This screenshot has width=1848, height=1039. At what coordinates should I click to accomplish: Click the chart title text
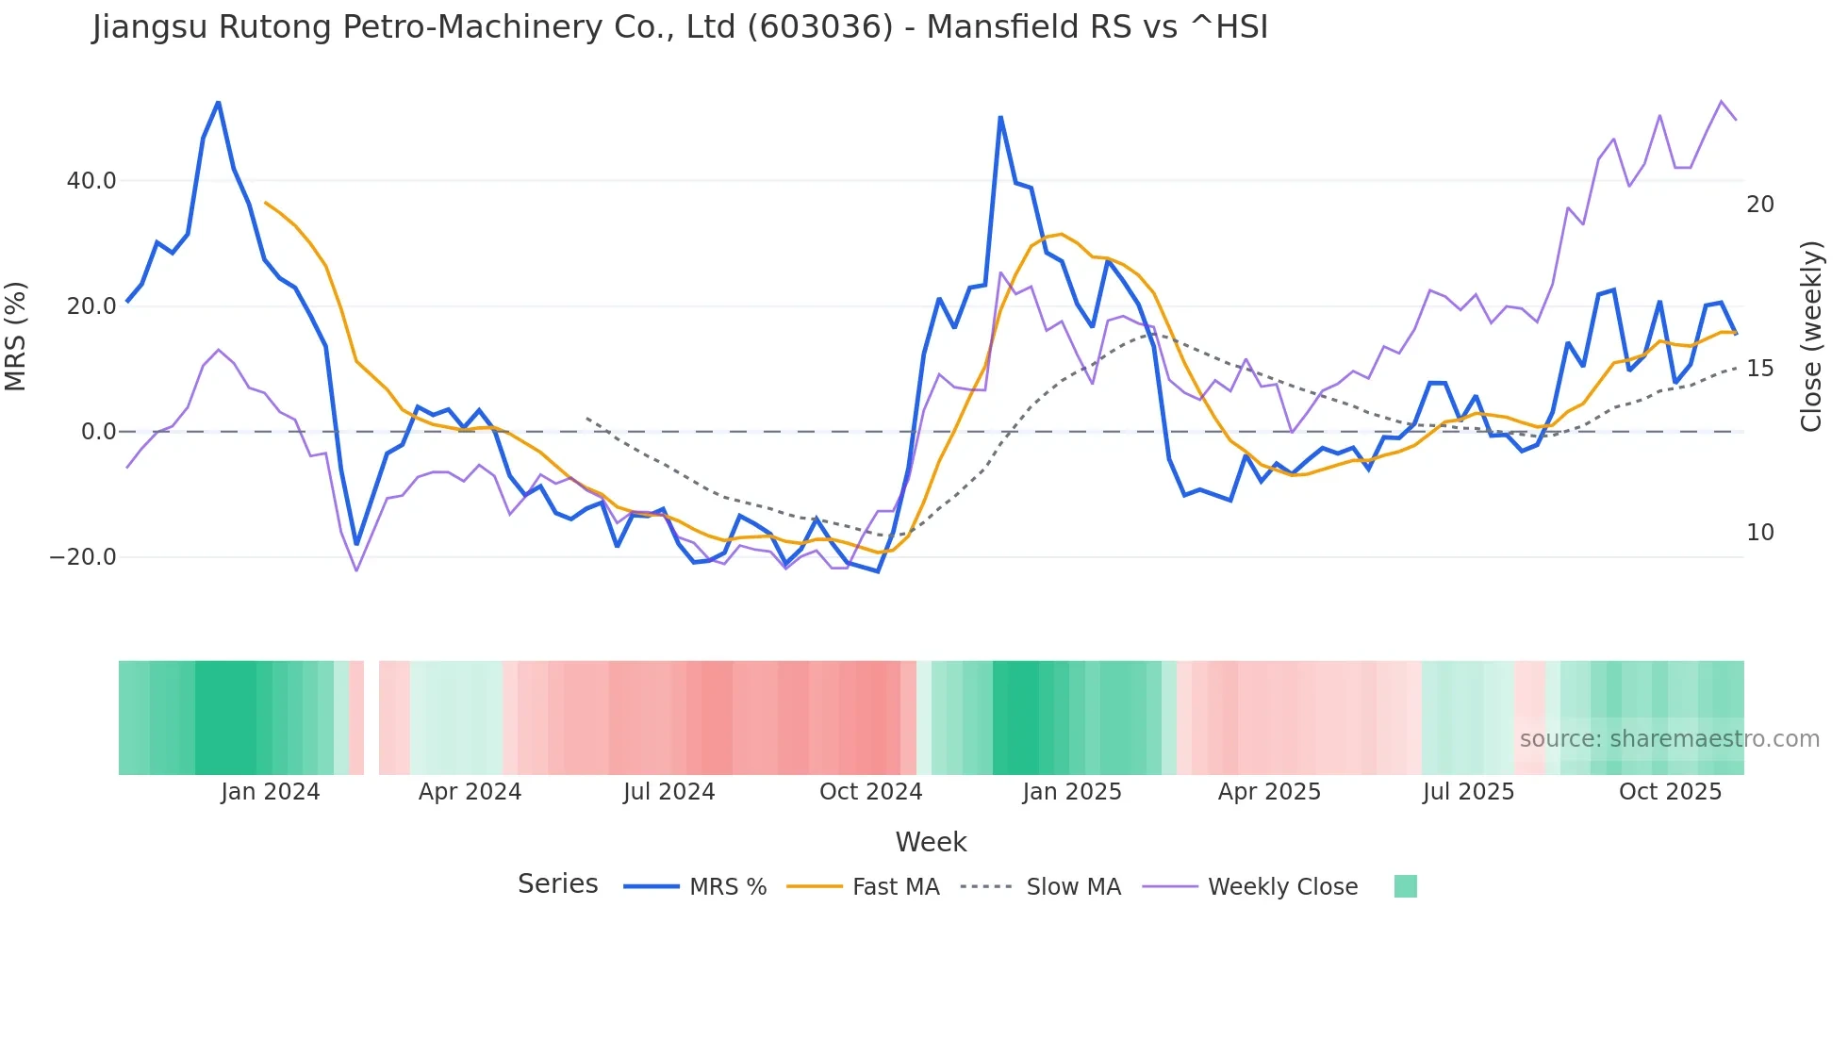click(x=680, y=27)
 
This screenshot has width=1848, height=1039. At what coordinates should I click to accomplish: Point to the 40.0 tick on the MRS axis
click(x=91, y=181)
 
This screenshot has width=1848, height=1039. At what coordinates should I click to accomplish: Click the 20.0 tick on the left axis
click(x=91, y=306)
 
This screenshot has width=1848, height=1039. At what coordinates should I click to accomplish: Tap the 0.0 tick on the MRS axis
click(x=98, y=432)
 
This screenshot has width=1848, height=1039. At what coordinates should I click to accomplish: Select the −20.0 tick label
click(x=83, y=557)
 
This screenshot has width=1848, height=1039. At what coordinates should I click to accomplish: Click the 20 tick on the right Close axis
click(x=1759, y=205)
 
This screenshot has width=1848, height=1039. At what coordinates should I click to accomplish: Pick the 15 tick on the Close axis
click(x=1759, y=369)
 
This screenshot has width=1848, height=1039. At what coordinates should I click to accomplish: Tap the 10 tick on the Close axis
click(x=1759, y=533)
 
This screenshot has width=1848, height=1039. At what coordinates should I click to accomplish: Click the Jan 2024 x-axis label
click(x=271, y=792)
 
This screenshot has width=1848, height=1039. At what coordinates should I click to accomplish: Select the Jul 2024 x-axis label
click(x=668, y=792)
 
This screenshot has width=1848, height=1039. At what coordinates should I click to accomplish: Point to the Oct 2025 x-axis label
click(x=1670, y=792)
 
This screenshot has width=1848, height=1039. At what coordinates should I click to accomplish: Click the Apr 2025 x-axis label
click(x=1269, y=792)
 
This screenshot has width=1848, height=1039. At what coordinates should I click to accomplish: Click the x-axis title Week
click(x=931, y=842)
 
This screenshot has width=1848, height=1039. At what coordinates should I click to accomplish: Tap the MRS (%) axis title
click(x=16, y=337)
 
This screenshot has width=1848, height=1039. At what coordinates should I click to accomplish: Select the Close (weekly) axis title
click(x=1810, y=337)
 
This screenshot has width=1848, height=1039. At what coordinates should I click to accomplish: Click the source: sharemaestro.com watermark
click(x=1669, y=739)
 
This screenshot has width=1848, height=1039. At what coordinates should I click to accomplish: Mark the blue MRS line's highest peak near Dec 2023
click(x=219, y=102)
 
